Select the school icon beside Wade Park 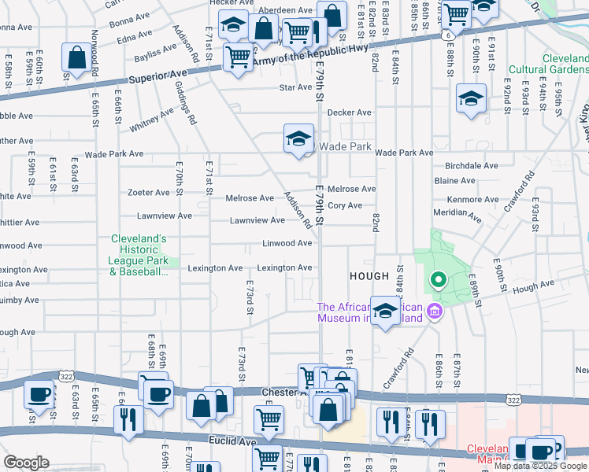point(298,140)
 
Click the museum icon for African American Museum point(433,313)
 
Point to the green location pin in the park point(437,279)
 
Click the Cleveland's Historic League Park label point(138,255)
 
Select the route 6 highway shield point(447,35)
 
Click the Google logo point(27,462)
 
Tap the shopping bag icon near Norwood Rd point(78,57)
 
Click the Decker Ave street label point(350,112)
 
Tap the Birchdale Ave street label point(472,166)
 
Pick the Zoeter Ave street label point(149,192)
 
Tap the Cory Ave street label point(345,205)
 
